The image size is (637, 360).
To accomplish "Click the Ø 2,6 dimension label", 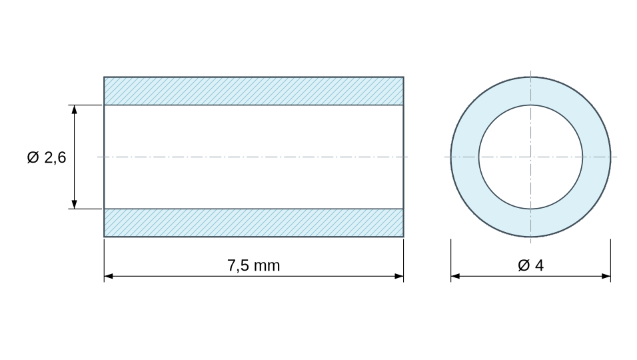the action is pos(47,157).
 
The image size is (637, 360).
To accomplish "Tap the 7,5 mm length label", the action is pos(253,265).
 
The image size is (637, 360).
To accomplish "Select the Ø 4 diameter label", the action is pos(530,265).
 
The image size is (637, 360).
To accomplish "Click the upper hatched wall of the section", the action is pos(253,91).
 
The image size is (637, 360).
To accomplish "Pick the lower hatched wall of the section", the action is pos(253,223).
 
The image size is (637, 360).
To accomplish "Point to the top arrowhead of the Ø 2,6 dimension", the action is pos(75,109).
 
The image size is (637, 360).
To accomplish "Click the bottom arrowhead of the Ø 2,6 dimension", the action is pos(75,205).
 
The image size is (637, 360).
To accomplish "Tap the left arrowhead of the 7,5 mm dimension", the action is pos(109,276).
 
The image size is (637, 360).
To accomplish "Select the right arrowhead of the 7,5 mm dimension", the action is pos(398,276).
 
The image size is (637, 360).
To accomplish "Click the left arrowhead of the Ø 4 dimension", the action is pos(455,276).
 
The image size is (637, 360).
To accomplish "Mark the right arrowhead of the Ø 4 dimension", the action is pos(606,276).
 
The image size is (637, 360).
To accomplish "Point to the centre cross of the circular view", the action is pos(530,157).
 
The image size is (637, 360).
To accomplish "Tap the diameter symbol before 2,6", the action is pos(33,157).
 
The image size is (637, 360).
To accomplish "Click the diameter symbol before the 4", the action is pos(524,265).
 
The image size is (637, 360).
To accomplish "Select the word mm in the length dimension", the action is pos(267,267).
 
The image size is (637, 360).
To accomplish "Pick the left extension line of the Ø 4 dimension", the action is pos(451,260).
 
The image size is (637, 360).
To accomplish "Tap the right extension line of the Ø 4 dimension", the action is pos(610,260).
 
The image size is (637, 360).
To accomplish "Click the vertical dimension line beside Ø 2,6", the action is pos(75,157).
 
